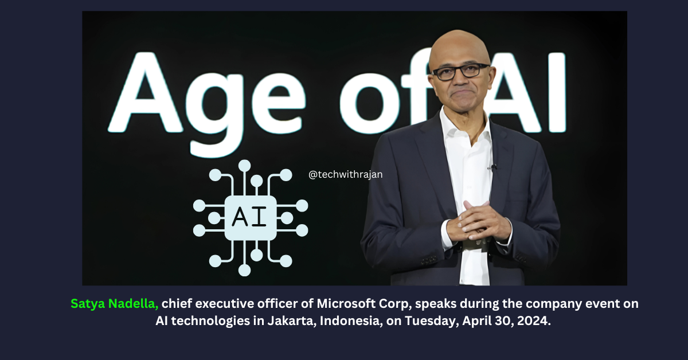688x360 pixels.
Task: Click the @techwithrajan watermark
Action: tap(346, 174)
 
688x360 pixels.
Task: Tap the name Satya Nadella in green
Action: tap(114, 303)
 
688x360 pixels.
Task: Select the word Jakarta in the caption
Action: tap(291, 320)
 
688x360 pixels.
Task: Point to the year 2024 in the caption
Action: tap(534, 320)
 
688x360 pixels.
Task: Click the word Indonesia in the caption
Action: tap(351, 320)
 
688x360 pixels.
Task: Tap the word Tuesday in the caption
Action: tap(432, 320)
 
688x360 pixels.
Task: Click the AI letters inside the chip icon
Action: tap(249, 217)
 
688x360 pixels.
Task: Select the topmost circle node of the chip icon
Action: tap(244, 166)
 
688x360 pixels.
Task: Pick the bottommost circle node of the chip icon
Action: tap(244, 271)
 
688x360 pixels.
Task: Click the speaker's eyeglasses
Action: tap(461, 72)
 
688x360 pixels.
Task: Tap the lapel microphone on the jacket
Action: tap(492, 167)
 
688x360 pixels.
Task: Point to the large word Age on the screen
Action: tap(206, 101)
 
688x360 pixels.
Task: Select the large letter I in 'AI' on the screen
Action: tap(557, 92)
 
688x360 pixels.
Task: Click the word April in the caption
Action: tap(476, 320)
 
